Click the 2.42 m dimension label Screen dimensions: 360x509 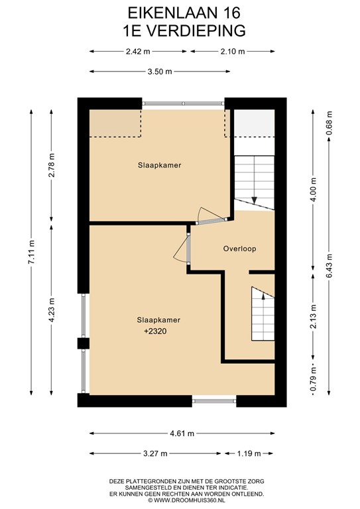[x=138, y=51]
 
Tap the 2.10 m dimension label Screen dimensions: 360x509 [x=233, y=51]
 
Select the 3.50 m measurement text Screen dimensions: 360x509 [x=160, y=72]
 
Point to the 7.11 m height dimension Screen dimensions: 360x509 [x=31, y=253]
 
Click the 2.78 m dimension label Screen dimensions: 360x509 [x=51, y=165]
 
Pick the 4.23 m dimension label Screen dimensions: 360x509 [x=51, y=310]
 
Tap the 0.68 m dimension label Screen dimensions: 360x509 [x=329, y=123]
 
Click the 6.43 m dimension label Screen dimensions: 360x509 [x=329, y=265]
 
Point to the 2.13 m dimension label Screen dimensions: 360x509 [x=313, y=316]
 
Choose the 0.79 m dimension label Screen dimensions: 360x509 [x=313, y=378]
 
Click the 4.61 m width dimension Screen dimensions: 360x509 [x=182, y=433]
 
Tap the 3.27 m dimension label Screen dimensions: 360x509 [x=155, y=453]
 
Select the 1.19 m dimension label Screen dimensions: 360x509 [x=249, y=453]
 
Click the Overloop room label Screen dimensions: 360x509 [x=239, y=249]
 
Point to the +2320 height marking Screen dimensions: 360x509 [x=155, y=331]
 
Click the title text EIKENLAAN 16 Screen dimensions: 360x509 [x=184, y=13]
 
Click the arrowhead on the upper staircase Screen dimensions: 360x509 [x=254, y=200]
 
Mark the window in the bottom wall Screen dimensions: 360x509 [x=214, y=401]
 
